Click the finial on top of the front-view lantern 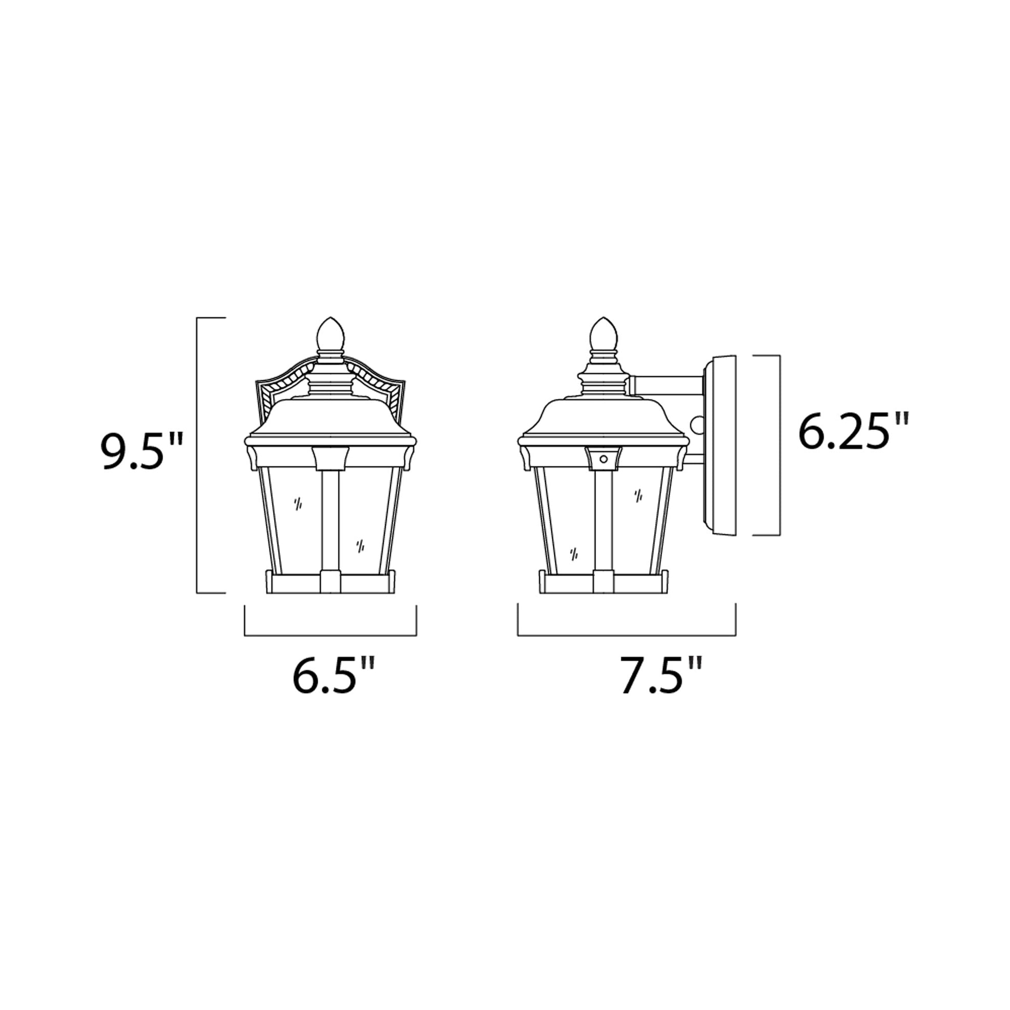331,335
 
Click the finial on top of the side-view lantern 603,335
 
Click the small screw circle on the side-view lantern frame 604,459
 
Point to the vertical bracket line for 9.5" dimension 197,455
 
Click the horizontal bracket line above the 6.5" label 331,635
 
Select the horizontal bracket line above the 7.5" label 626,635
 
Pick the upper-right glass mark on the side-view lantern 638,496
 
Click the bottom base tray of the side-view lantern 603,584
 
